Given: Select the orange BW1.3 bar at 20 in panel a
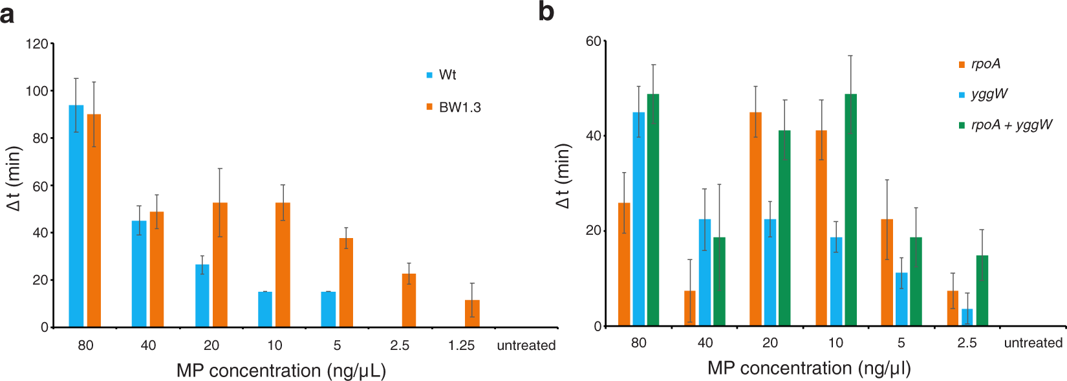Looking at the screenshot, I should click(x=220, y=265).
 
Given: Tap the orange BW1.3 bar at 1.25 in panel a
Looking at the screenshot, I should click(x=472, y=314).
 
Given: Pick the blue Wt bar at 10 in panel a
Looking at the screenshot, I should click(x=265, y=309).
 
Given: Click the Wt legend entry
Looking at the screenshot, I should click(x=447, y=75).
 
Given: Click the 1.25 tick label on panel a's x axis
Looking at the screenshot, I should click(x=461, y=345).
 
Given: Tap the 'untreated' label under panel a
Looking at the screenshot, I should click(x=526, y=345).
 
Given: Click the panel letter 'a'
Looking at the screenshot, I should click(x=7, y=13).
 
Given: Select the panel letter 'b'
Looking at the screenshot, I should click(x=546, y=12).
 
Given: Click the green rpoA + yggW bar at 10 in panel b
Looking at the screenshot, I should click(x=850, y=210).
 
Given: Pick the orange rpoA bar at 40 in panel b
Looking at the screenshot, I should click(x=690, y=309).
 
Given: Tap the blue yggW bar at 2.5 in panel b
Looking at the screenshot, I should click(x=967, y=318).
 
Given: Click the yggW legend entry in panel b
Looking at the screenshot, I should click(x=989, y=94).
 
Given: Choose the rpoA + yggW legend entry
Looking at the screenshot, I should click(x=1011, y=125).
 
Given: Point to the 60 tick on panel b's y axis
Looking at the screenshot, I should click(x=593, y=41).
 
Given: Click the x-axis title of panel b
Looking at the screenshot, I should click(x=808, y=368).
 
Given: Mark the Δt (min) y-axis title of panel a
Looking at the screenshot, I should click(x=14, y=178).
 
